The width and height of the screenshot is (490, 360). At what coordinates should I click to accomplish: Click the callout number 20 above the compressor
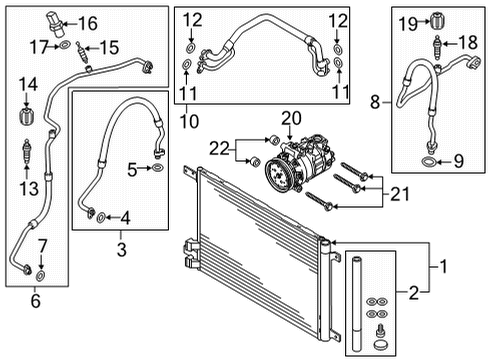pyautogui.click(x=291, y=118)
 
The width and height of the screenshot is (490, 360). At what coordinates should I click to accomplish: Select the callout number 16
pyautogui.click(x=88, y=23)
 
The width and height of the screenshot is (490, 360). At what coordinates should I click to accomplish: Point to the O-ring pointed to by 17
pyautogui.click(x=65, y=45)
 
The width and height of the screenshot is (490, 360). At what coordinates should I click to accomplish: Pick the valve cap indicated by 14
pyautogui.click(x=27, y=116)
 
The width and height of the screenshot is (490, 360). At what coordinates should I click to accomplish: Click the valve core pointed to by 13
pyautogui.click(x=26, y=152)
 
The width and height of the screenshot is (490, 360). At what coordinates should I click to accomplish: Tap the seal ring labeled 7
pyautogui.click(x=41, y=276)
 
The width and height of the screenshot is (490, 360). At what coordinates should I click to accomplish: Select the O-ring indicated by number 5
pyautogui.click(x=157, y=168)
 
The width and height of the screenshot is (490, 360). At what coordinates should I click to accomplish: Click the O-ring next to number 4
pyautogui.click(x=101, y=218)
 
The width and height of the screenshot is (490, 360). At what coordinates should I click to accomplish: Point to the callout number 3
pyautogui.click(x=121, y=249)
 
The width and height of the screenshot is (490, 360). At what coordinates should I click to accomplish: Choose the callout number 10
pyautogui.click(x=189, y=122)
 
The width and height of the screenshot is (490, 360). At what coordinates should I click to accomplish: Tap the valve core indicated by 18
pyautogui.click(x=438, y=48)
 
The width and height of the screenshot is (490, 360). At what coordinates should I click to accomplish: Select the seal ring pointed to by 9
pyautogui.click(x=428, y=162)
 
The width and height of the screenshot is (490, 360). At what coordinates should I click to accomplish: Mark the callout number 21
pyautogui.click(x=399, y=194)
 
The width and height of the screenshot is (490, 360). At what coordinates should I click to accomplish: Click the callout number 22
pyautogui.click(x=219, y=149)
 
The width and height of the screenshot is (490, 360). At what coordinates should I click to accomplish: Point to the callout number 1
pyautogui.click(x=443, y=267)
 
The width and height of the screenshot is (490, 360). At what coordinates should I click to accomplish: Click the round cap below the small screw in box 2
pyautogui.click(x=379, y=345)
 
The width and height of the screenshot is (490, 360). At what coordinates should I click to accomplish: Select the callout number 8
pyautogui.click(x=375, y=102)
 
